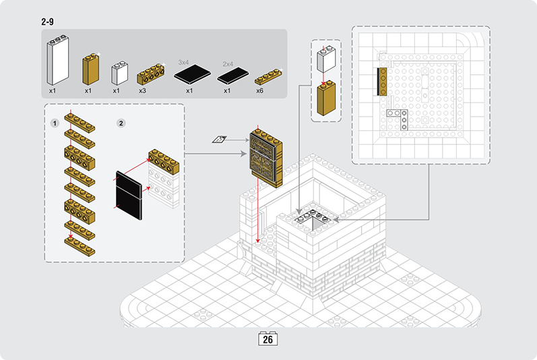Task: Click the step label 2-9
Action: pos(47,22)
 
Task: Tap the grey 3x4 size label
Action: pos(183,62)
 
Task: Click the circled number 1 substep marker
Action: pos(55,123)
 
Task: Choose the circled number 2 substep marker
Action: pos(121,123)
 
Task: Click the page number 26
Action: pos(267,339)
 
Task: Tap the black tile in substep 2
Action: pos(130,194)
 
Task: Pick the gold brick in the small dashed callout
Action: pos(326,97)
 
